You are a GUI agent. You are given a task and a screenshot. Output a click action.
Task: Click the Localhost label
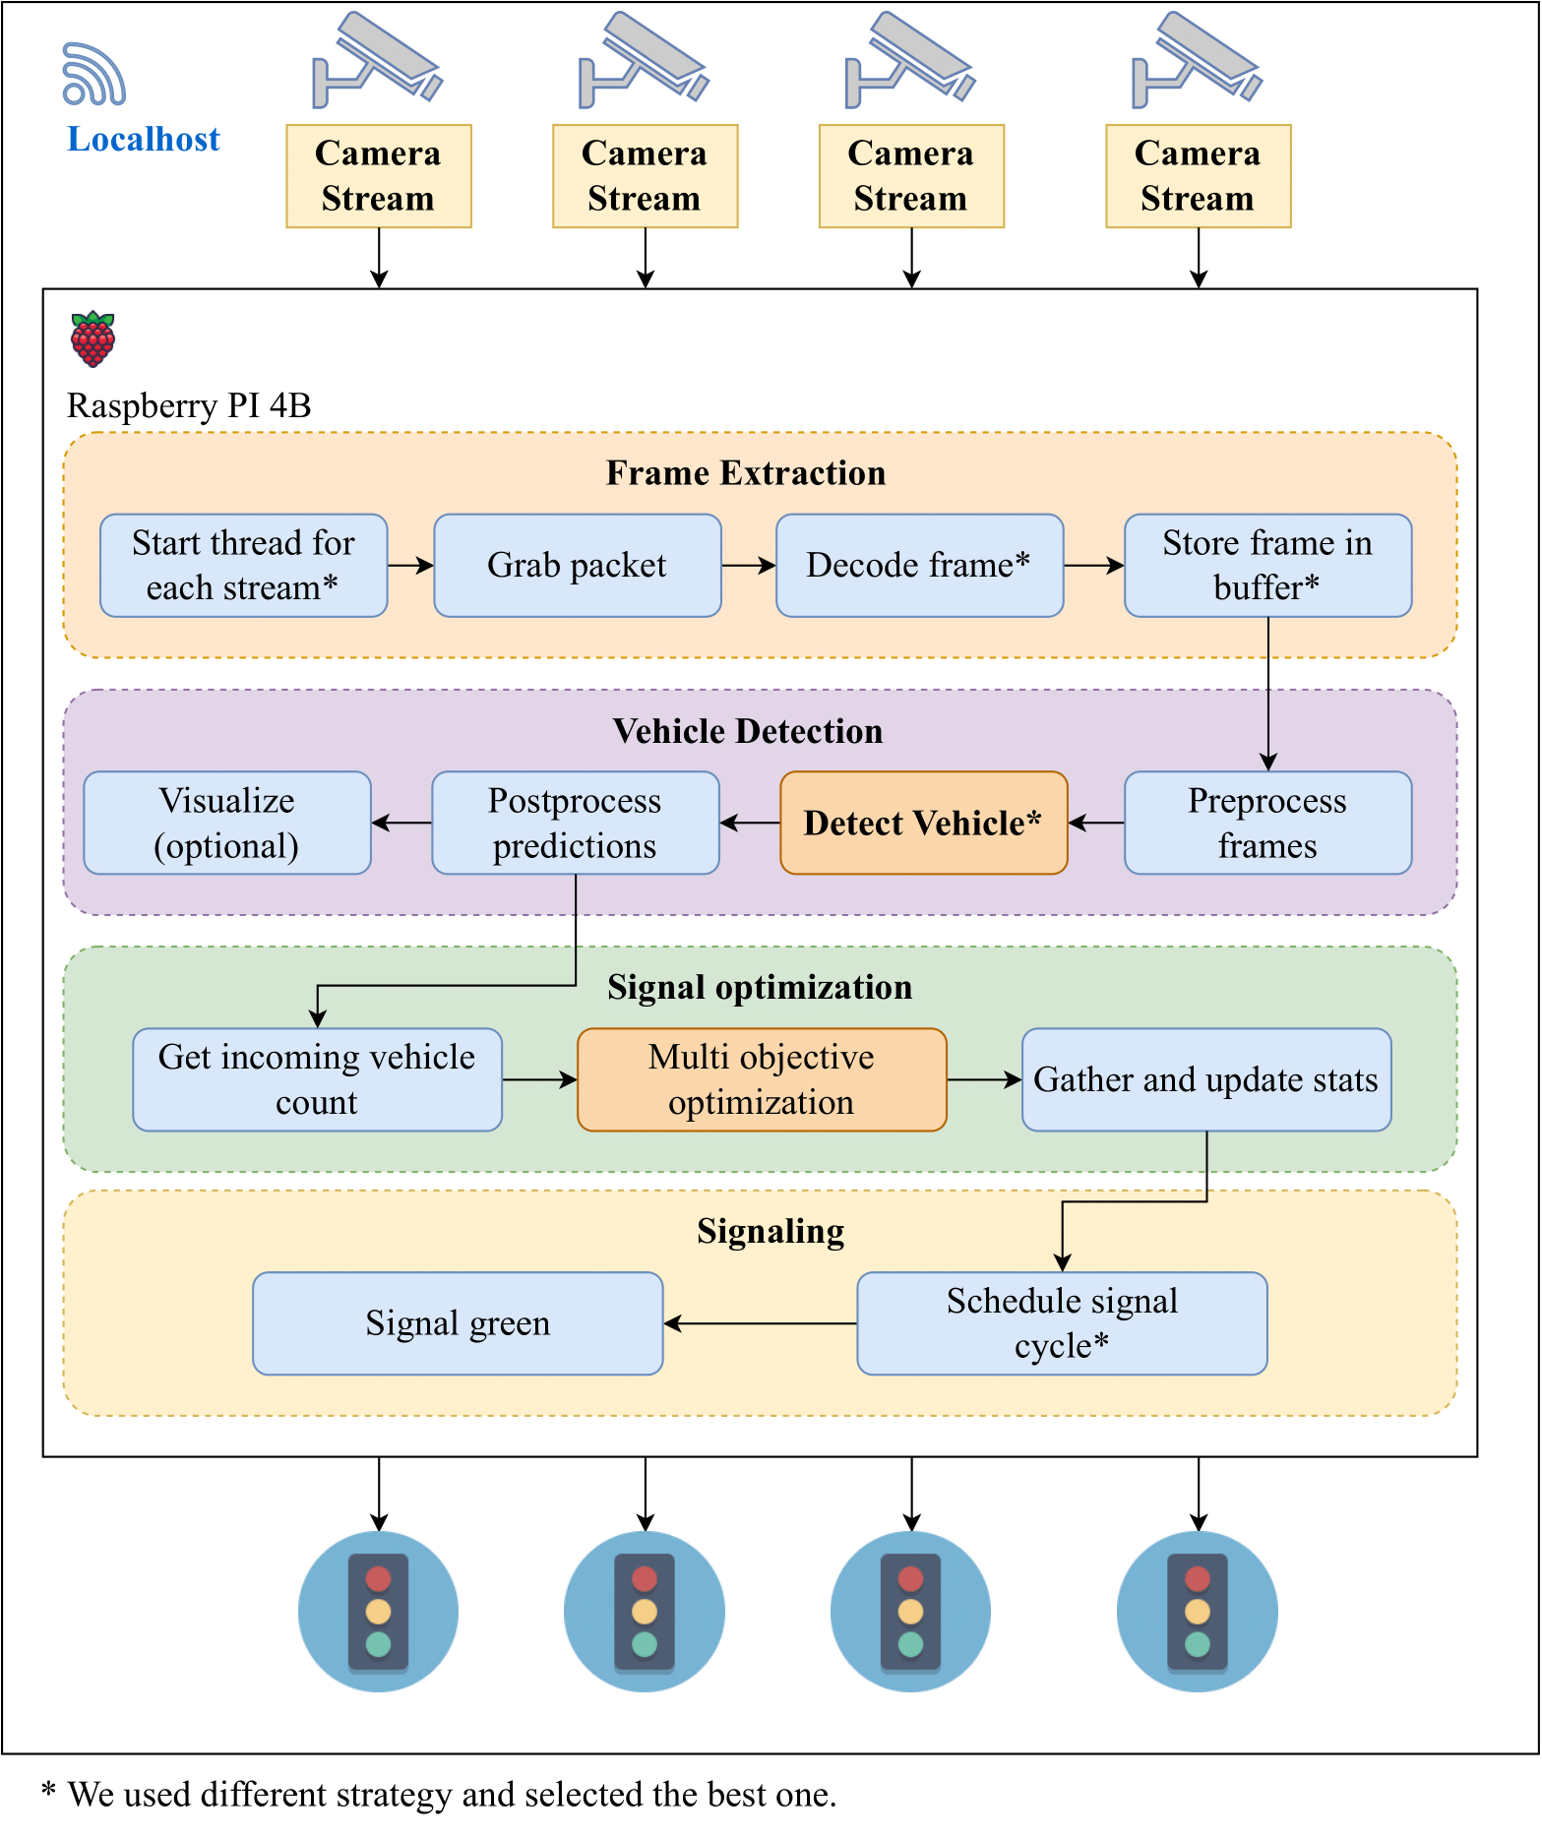144,140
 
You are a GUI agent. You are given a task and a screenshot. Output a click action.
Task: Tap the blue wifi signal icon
93,74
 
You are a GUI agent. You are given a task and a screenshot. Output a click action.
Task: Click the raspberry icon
93,338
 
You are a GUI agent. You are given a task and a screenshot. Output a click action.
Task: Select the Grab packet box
577,566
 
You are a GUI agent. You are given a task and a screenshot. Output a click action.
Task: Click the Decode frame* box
919,566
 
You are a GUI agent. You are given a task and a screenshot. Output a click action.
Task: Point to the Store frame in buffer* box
1267,566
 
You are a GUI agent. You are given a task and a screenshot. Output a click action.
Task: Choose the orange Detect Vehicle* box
923,824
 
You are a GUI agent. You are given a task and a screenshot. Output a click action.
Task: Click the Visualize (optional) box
227,824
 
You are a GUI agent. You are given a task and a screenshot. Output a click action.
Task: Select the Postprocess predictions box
576,824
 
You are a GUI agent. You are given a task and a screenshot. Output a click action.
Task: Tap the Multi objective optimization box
762,1080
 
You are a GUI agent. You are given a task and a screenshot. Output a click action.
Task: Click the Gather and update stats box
1206,1080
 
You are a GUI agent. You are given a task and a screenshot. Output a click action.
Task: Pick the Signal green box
458,1323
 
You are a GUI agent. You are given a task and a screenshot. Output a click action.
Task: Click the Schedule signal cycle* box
1062,1323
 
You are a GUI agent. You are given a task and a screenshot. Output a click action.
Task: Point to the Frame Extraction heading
746,473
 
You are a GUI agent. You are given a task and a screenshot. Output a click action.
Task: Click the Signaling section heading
771,1232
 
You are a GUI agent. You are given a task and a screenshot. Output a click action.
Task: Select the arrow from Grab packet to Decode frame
749,566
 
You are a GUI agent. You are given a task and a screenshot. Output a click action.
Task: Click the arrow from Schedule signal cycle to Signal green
760,1323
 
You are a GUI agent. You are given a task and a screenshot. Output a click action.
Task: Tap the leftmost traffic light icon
378,1612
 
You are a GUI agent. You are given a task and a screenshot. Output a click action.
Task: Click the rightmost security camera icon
1197,59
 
